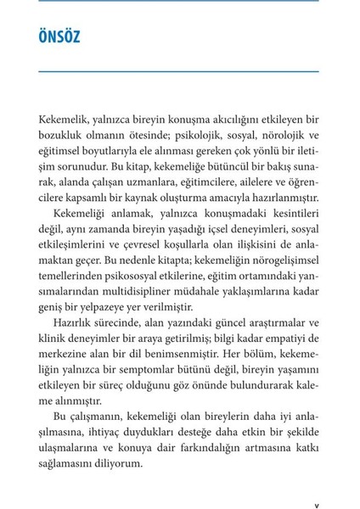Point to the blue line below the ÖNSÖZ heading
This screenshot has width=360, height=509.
pyautogui.click(x=179, y=70)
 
